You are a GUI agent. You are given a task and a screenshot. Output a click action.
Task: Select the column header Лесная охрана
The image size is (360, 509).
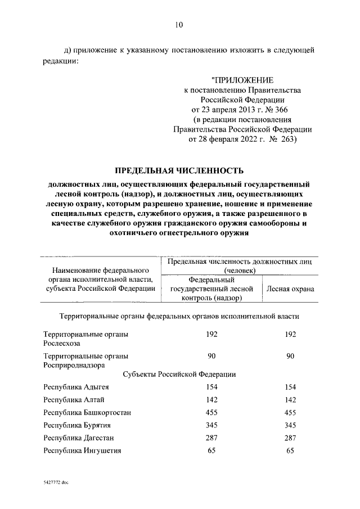point(290,289)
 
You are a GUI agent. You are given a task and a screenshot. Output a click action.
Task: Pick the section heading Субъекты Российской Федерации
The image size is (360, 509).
point(179,374)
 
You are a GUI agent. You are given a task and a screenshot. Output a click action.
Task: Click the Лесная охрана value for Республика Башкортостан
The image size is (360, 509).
point(290,412)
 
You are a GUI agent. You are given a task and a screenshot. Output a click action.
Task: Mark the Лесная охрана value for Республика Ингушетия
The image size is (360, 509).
point(290,451)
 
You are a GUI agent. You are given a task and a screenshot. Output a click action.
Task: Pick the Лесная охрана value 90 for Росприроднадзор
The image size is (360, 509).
point(290,355)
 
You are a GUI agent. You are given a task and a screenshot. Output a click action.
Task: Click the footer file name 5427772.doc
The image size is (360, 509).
point(54,483)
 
